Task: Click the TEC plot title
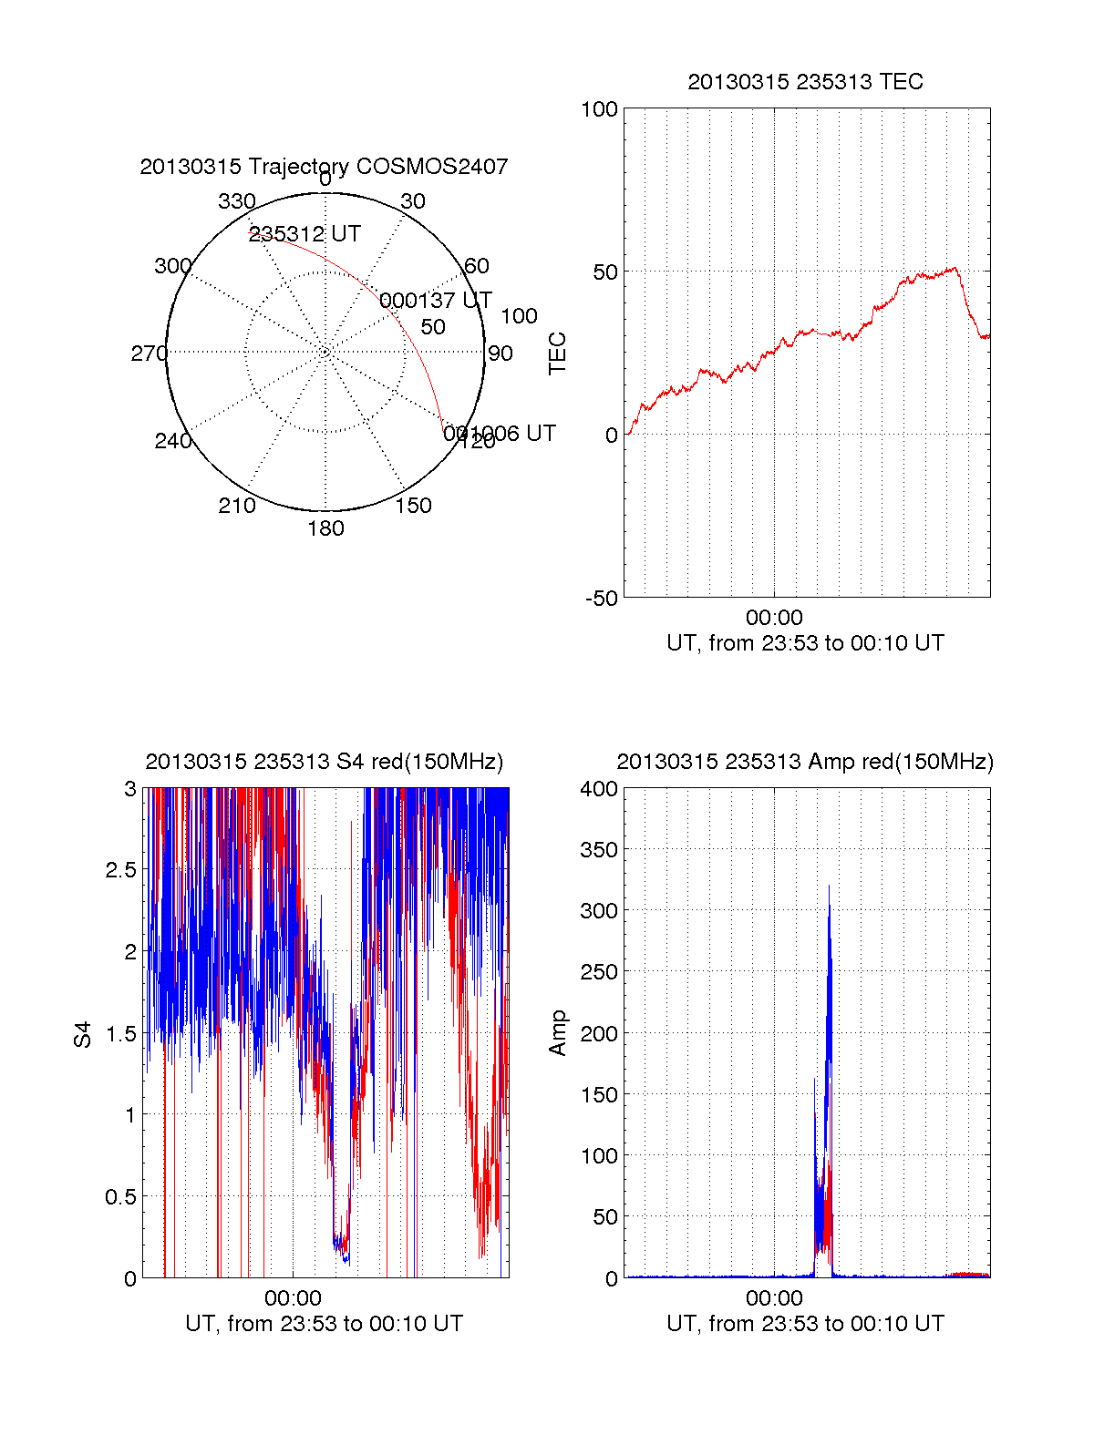click(805, 82)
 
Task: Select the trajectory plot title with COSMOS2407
click(324, 167)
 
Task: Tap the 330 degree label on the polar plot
click(236, 201)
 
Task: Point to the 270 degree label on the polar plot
click(149, 354)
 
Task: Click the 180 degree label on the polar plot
click(325, 528)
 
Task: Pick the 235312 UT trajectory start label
click(304, 234)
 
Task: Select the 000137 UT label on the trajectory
click(436, 301)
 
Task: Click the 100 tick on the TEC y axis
click(599, 109)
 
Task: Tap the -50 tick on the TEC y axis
click(602, 599)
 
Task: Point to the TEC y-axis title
click(557, 354)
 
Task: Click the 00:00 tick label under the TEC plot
click(774, 619)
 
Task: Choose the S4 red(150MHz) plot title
click(324, 762)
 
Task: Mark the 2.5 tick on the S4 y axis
click(120, 870)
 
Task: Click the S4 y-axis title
click(83, 1034)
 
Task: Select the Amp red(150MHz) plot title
click(805, 762)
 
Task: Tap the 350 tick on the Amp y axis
click(599, 850)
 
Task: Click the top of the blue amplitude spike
click(829, 887)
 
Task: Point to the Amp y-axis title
click(557, 1033)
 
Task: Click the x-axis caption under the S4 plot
click(324, 1324)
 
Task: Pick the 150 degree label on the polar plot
click(413, 506)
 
